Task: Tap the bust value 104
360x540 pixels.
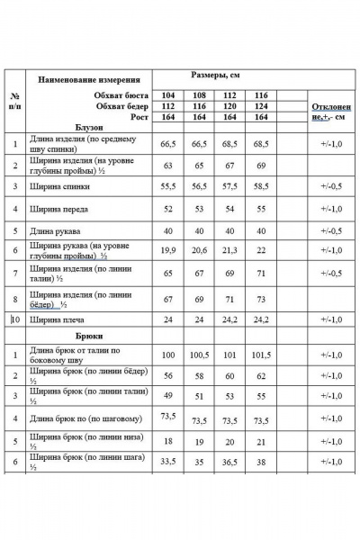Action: click(x=167, y=94)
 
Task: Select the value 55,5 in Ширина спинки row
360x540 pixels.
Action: click(x=167, y=185)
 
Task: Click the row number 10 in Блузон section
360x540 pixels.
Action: click(x=14, y=319)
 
